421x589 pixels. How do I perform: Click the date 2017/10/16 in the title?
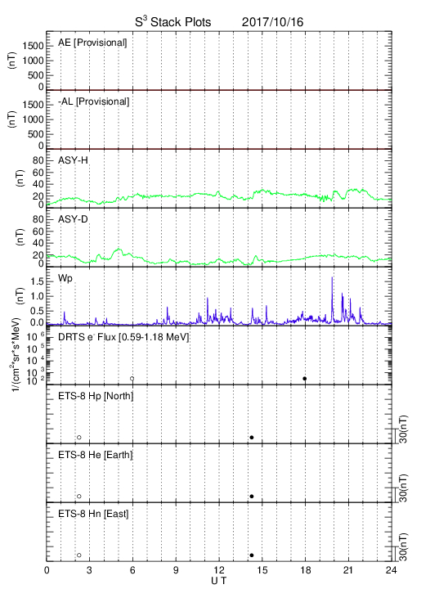(x=272, y=22)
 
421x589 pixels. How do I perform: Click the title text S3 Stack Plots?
(x=173, y=22)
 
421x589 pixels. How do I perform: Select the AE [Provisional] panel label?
(x=92, y=43)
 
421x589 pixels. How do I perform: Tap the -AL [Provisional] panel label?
(x=93, y=101)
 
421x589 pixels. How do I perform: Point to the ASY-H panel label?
(x=73, y=160)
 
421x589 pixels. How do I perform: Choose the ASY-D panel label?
(x=73, y=219)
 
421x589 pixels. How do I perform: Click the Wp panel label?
(x=65, y=279)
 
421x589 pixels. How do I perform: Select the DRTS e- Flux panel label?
(x=123, y=337)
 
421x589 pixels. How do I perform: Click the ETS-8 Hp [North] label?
(x=96, y=396)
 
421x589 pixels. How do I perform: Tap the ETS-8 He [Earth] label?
(x=96, y=455)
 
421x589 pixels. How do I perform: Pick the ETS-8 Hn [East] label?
(x=93, y=514)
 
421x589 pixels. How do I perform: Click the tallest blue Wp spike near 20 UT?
(x=332, y=277)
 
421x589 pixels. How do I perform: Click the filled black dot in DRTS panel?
(x=305, y=379)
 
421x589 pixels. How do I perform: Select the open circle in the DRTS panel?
(x=132, y=379)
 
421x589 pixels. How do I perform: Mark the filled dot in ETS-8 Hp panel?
(x=252, y=438)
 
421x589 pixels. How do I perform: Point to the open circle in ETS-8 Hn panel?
(x=79, y=555)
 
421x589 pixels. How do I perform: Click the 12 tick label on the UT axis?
(x=219, y=570)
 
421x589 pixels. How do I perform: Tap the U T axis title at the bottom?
(x=219, y=581)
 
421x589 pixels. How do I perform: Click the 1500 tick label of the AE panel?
(x=33, y=46)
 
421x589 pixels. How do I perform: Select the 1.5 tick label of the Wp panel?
(x=37, y=281)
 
